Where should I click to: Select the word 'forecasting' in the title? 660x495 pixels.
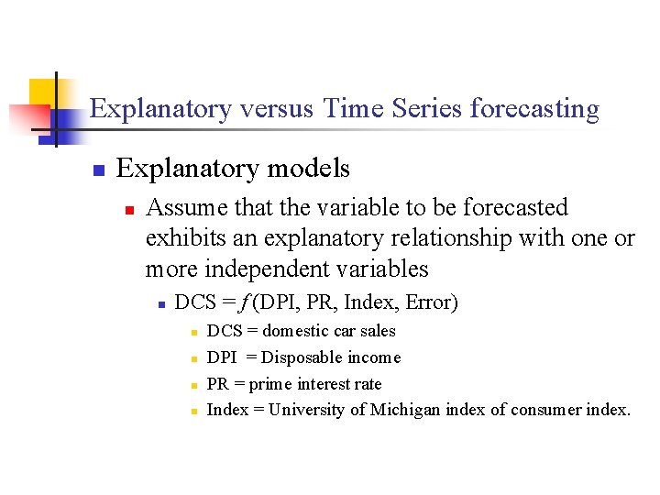[x=534, y=109]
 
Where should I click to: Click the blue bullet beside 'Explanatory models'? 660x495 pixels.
[x=97, y=170]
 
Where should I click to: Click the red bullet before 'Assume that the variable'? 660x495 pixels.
[x=129, y=210]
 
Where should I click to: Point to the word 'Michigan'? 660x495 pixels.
[x=405, y=410]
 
